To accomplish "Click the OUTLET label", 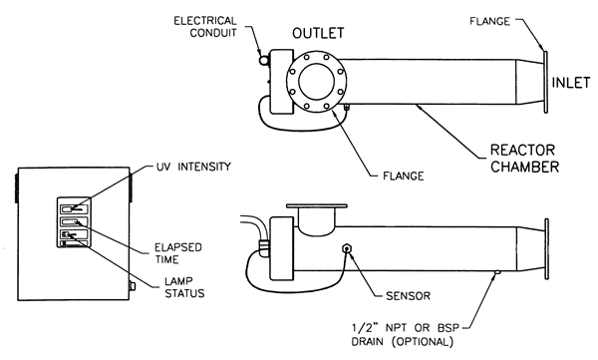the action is click(x=318, y=33).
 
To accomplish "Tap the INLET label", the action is click(x=571, y=83).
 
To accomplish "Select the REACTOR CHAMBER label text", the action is click(x=525, y=159).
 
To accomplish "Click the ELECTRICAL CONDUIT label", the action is click(x=205, y=26).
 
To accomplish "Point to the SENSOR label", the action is click(x=408, y=296).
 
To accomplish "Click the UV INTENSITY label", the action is click(x=193, y=167).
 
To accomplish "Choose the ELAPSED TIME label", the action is click(x=177, y=253).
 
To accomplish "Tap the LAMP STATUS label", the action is click(x=184, y=287).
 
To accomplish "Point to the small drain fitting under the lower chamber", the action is click(x=497, y=272).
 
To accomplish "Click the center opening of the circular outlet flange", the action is click(x=317, y=82).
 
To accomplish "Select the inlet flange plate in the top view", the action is click(x=546, y=83).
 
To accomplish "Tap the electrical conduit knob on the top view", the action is click(x=263, y=60).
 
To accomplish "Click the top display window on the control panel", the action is click(x=74, y=208).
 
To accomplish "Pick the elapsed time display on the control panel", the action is click(x=74, y=221).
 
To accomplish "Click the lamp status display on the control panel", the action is click(x=74, y=234).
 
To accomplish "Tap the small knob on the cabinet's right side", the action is click(x=133, y=286).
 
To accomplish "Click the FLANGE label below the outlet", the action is click(x=403, y=176).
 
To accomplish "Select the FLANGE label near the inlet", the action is click(x=489, y=21).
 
